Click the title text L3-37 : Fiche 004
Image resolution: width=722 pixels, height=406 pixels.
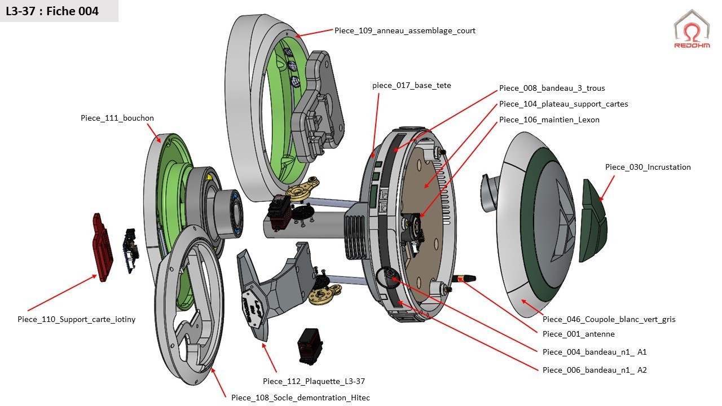point(52,11)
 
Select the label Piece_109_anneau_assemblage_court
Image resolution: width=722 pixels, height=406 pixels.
point(404,31)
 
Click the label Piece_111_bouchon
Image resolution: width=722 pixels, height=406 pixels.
point(117,118)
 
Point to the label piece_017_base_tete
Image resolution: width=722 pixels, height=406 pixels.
point(411,86)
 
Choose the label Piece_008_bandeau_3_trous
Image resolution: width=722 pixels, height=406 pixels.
point(552,88)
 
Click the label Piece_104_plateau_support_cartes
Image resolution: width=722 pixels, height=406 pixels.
point(563,104)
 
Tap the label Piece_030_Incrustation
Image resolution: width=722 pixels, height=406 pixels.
point(648,167)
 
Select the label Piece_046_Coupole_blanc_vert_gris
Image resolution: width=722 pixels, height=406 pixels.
point(609,319)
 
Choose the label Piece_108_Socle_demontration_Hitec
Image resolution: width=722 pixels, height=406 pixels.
point(300,398)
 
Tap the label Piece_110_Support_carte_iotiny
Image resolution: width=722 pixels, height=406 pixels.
point(76,319)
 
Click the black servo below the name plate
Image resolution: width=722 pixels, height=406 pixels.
point(310,346)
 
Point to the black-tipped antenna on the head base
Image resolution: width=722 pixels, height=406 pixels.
point(465,277)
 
